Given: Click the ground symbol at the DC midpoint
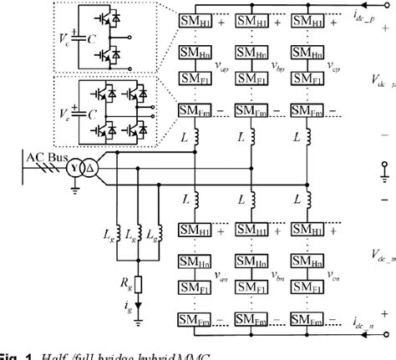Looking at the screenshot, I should [385, 175].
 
